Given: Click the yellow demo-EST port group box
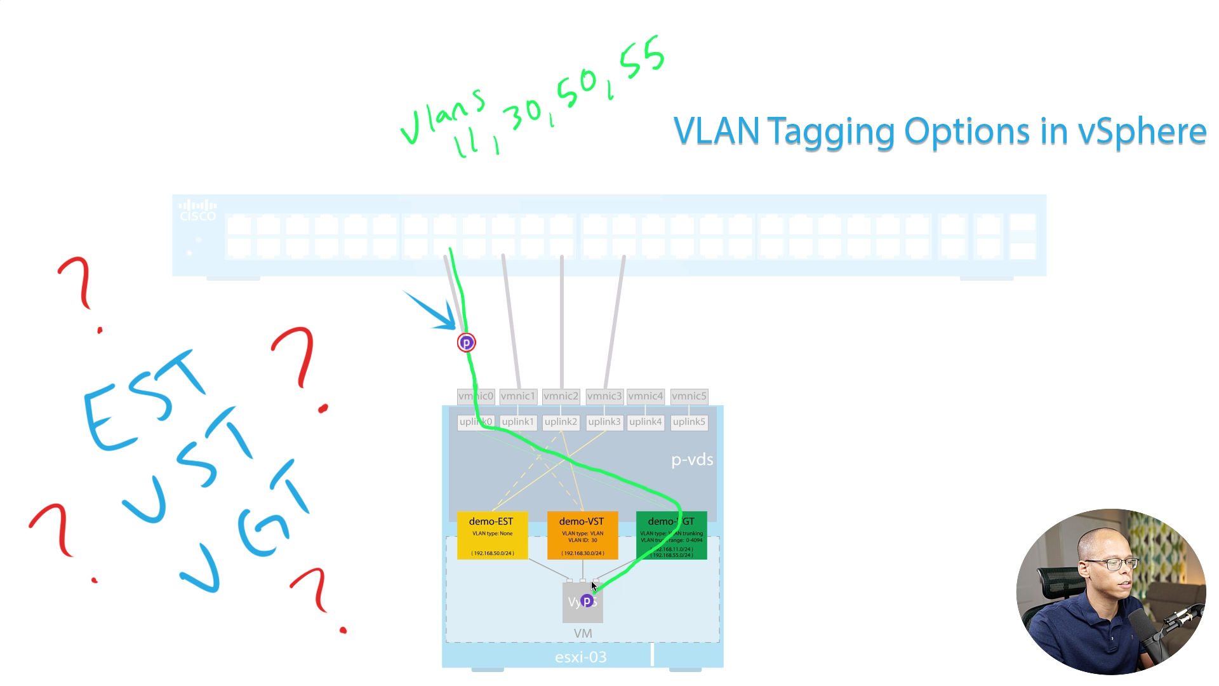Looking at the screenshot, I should click(x=492, y=535).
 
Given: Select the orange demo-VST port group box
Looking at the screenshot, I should click(x=582, y=535).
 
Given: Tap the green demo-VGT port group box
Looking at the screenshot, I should click(x=671, y=535).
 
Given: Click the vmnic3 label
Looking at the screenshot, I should click(x=604, y=396).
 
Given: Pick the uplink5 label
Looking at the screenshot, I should click(x=689, y=422).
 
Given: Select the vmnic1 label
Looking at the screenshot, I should click(x=518, y=396).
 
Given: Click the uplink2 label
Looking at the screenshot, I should click(x=561, y=422).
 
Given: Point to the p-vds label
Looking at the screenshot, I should click(x=692, y=460).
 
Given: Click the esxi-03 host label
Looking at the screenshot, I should click(x=580, y=657).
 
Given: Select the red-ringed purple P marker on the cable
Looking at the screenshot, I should click(x=466, y=343).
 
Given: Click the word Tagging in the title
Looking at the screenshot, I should click(x=832, y=133).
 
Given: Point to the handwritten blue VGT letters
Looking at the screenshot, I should click(x=248, y=527).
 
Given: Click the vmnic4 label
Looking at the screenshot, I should click(x=646, y=396).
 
